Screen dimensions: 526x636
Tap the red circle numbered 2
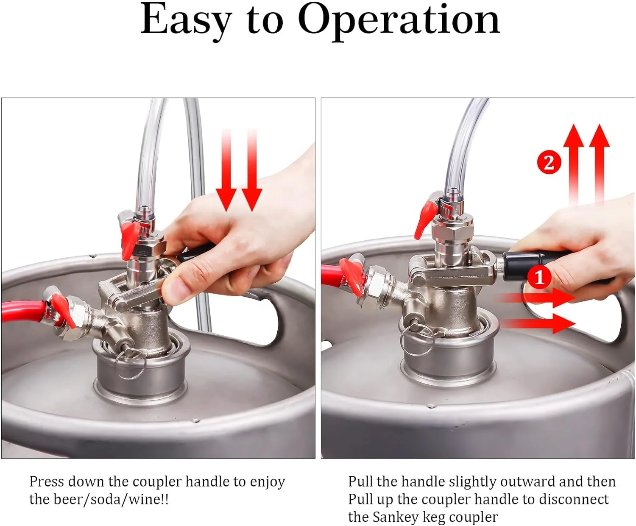tap(549, 163)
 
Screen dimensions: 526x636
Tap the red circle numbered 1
tap(539, 278)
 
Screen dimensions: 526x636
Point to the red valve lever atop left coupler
tap(129, 239)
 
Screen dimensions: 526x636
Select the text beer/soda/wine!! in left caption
tap(110, 499)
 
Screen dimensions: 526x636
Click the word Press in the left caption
tap(46, 481)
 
